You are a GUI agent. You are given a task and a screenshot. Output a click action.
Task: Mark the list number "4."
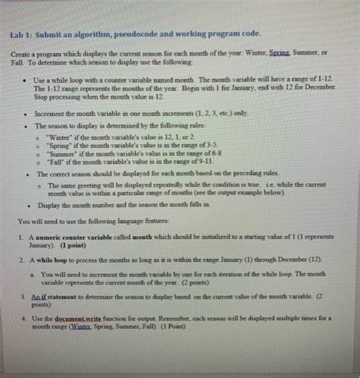25,319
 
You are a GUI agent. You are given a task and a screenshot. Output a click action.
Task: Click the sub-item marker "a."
33,274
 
